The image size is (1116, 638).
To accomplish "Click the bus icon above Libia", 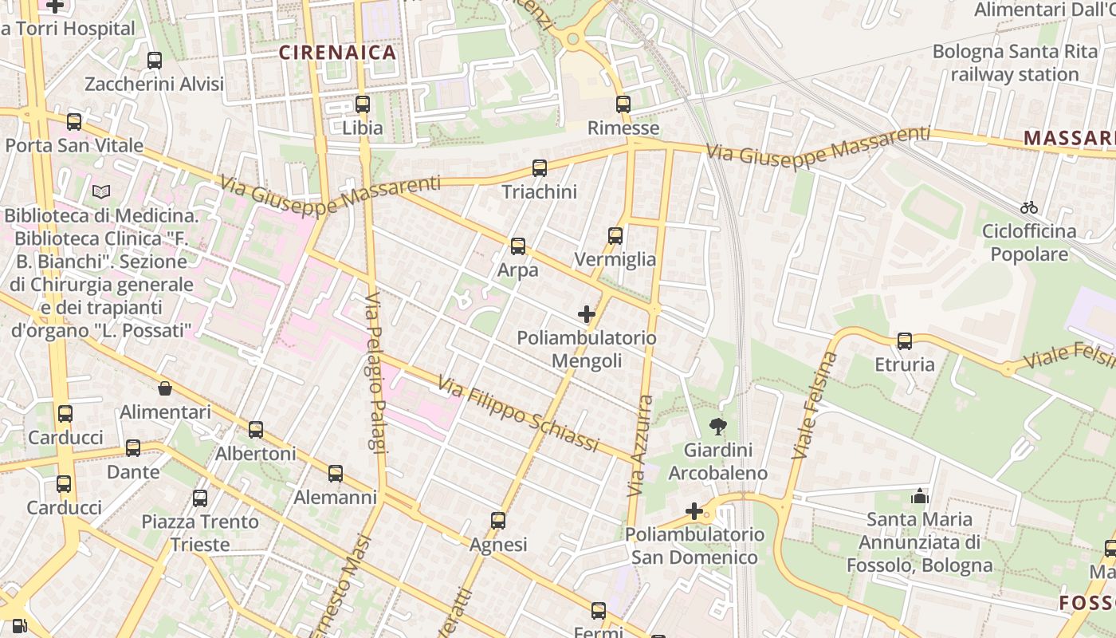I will [x=363, y=104].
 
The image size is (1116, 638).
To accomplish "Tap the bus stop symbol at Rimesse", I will [x=623, y=104].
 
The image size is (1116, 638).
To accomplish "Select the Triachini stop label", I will [x=540, y=192].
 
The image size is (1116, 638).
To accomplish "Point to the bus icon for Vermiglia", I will [x=615, y=235].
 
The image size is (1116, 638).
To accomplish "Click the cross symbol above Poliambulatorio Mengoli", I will [x=587, y=314].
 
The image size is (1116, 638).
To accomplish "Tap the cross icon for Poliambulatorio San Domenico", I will [x=694, y=510].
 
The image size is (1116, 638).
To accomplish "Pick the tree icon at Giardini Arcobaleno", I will [x=718, y=427].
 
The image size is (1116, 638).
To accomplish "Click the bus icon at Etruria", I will [x=905, y=341].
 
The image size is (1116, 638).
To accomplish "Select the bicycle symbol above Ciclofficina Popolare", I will [x=1029, y=207].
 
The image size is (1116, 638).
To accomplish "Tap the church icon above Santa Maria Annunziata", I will [x=920, y=496].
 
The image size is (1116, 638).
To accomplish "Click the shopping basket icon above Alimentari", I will [x=165, y=388].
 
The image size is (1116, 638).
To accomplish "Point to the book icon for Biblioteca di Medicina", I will [x=101, y=191].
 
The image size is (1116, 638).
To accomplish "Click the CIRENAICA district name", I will [x=337, y=53].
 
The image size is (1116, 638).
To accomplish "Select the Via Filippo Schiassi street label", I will [x=517, y=415].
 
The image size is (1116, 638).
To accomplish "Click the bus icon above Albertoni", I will [x=256, y=429].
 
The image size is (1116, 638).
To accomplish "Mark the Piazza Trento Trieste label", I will [x=200, y=534].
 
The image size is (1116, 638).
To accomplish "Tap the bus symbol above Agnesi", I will [x=498, y=521].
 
